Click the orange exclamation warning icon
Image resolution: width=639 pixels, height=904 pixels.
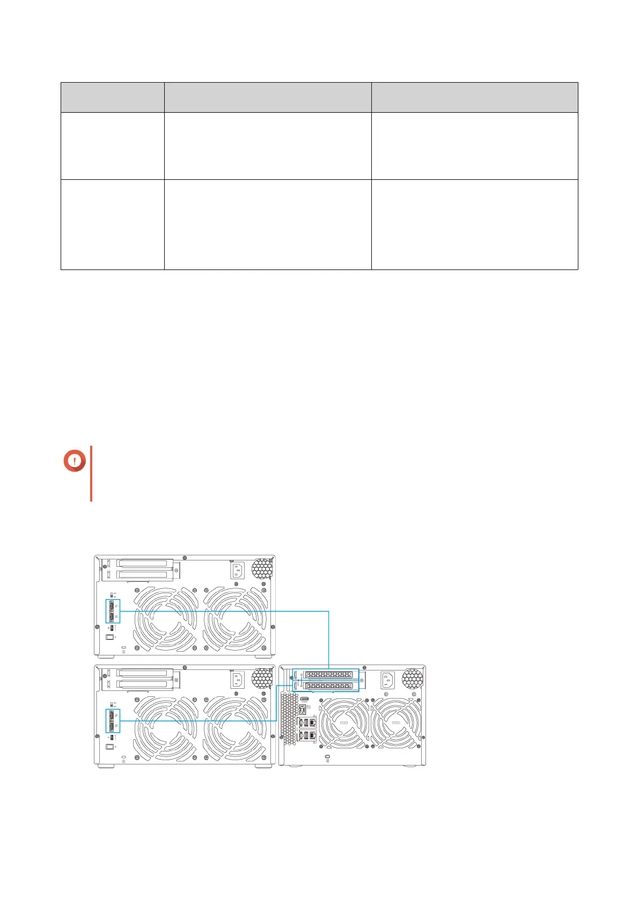click(x=75, y=460)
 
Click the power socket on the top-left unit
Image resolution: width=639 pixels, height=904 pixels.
click(x=238, y=570)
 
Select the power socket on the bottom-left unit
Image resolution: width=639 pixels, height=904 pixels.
click(x=238, y=680)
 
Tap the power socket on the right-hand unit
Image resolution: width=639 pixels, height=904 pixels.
click(x=388, y=681)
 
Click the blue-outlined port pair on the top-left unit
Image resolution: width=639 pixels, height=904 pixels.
click(x=113, y=611)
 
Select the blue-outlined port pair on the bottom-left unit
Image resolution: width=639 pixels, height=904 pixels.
click(x=113, y=721)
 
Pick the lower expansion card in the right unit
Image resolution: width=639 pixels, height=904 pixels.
click(x=327, y=686)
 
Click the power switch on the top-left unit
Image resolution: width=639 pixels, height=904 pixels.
click(x=111, y=637)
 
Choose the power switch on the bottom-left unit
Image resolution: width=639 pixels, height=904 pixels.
click(x=111, y=747)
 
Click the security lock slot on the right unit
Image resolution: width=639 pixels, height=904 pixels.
click(x=328, y=758)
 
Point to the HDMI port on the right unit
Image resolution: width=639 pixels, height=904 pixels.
click(x=304, y=699)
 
